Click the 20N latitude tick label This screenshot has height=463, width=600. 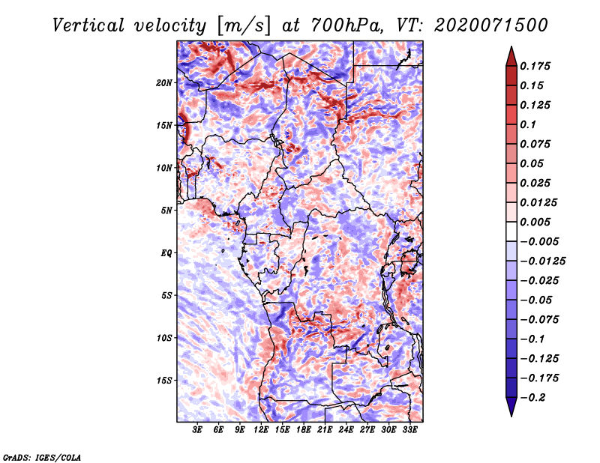pyautogui.click(x=164, y=83)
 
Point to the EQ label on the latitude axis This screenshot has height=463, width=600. pyautogui.click(x=166, y=253)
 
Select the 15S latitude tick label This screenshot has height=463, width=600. pyautogui.click(x=164, y=381)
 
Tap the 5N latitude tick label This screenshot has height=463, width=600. pyautogui.click(x=166, y=211)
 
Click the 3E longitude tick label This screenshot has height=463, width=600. pyautogui.click(x=196, y=430)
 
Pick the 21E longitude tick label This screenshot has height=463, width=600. pyautogui.click(x=325, y=430)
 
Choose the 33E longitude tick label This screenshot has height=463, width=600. pyautogui.click(x=409, y=430)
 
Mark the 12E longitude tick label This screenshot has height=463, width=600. pyautogui.click(x=260, y=430)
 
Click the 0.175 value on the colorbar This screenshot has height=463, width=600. pyautogui.click(x=535, y=66)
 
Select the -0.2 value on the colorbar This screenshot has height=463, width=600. pyautogui.click(x=532, y=398)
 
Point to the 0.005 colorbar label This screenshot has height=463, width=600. pyautogui.click(x=535, y=222)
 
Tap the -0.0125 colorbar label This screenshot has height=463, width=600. pyautogui.click(x=542, y=261)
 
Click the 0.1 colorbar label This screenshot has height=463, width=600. pyautogui.click(x=528, y=124)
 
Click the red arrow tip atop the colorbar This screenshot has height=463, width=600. pyautogui.click(x=511, y=47)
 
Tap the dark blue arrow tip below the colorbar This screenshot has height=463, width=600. pyautogui.click(x=511, y=415)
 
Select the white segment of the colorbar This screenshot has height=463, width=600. pyautogui.click(x=511, y=231)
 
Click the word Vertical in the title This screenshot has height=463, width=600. pyautogui.click(x=88, y=25)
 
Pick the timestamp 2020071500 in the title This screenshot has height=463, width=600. pyautogui.click(x=491, y=25)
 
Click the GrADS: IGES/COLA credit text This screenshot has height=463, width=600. pyautogui.click(x=42, y=457)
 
